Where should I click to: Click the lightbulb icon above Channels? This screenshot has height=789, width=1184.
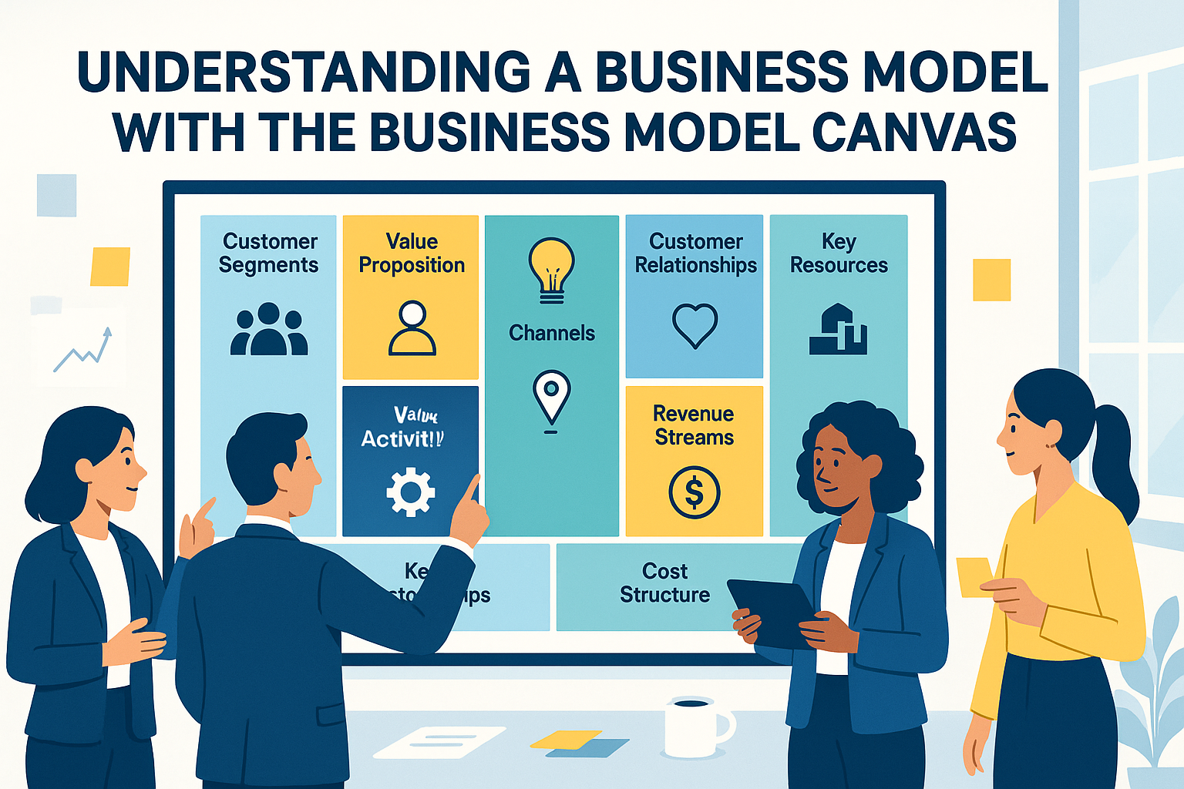(x=551, y=269)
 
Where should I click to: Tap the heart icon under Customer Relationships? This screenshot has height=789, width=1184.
(x=695, y=324)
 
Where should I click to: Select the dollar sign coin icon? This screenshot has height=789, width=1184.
(x=694, y=492)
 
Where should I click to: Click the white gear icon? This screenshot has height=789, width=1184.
(x=410, y=492)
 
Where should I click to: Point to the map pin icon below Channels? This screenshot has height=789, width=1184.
(x=551, y=397)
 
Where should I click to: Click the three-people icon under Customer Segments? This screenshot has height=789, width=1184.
(x=269, y=329)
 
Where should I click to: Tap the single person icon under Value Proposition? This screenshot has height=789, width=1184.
(x=412, y=328)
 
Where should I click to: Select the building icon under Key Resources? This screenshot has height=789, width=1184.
(x=838, y=329)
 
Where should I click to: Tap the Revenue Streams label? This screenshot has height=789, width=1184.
(x=694, y=425)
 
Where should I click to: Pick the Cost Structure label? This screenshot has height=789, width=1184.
(x=664, y=583)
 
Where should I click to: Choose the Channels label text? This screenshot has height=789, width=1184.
(x=551, y=333)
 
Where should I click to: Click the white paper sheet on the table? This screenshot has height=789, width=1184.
(x=439, y=742)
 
